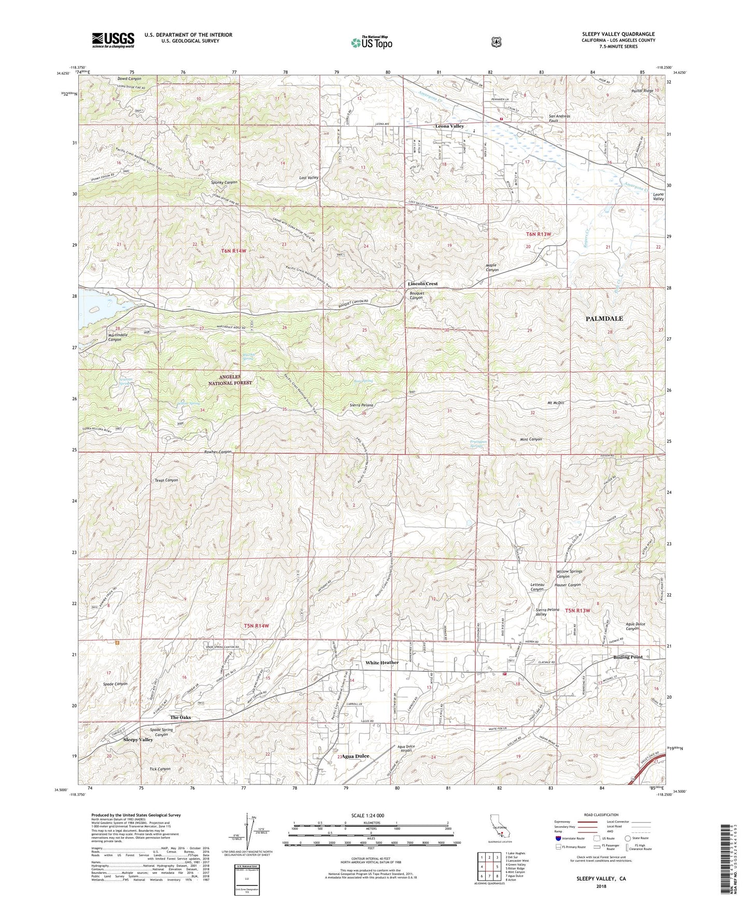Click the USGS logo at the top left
point(113,40)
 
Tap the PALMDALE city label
point(604,318)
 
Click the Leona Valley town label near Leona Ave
point(449,126)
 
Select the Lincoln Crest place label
point(422,284)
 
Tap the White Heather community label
point(382,662)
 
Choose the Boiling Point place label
point(628,657)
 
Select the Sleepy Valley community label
point(138,740)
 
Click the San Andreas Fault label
point(559,118)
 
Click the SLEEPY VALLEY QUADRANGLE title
point(618,34)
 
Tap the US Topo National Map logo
point(370,41)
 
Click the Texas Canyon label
point(166,480)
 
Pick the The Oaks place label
point(180,717)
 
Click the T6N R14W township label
point(233,250)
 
